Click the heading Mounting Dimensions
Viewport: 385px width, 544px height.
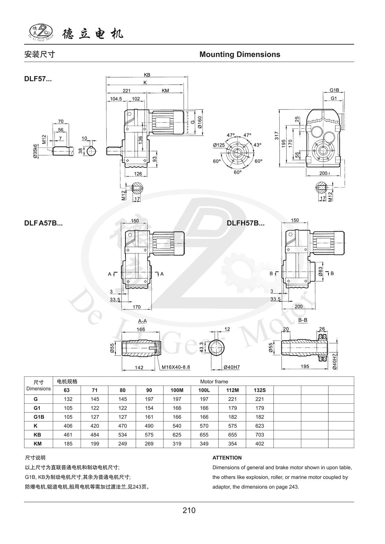point(239,54)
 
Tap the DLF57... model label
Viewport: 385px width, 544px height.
point(38,79)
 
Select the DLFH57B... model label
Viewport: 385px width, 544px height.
point(245,223)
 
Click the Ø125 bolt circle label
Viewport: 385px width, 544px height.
point(219,145)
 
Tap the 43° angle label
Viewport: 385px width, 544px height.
point(257,145)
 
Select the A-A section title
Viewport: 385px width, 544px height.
point(142,320)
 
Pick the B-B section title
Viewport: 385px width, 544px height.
point(303,320)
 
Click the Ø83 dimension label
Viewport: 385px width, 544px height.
point(320,273)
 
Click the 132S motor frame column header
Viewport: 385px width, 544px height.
point(260,390)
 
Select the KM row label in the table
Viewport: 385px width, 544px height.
point(38,444)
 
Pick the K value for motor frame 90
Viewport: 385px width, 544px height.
point(149,426)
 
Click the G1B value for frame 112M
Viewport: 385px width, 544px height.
point(232,417)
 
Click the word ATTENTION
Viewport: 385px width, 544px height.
point(227,458)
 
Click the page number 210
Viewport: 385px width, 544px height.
point(189,510)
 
